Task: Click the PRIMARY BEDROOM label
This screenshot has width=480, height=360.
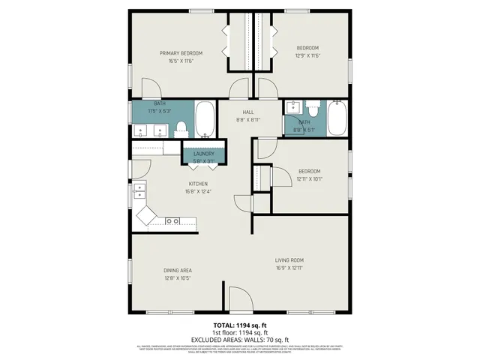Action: click(x=181, y=53)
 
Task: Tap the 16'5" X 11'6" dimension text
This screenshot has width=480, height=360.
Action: click(x=181, y=61)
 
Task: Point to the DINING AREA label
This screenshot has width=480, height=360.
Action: click(x=178, y=270)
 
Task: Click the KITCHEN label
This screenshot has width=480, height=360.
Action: click(x=197, y=183)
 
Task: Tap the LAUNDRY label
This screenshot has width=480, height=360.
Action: click(x=204, y=153)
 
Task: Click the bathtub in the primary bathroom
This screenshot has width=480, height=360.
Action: click(x=205, y=120)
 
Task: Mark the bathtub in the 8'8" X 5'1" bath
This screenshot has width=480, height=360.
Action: click(x=337, y=118)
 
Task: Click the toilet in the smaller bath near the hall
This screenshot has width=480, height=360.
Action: click(x=314, y=112)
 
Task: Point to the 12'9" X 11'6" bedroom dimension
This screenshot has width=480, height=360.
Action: click(x=308, y=55)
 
